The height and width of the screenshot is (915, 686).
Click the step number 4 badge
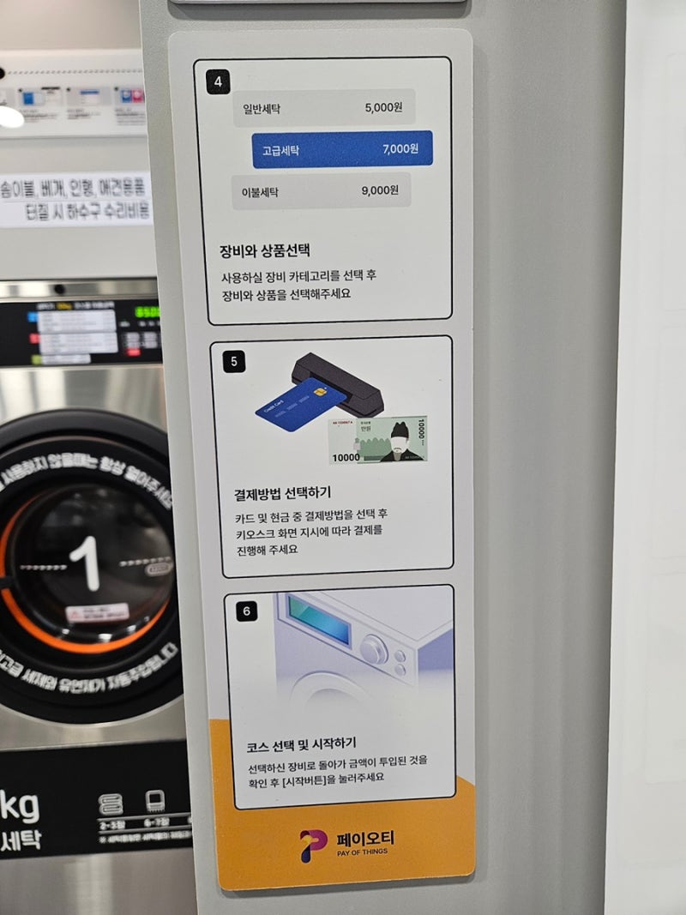tap(219, 82)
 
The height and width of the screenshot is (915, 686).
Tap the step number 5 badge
tap(234, 361)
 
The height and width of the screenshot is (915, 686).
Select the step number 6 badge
tap(246, 611)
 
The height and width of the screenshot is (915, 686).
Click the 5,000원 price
tap(384, 109)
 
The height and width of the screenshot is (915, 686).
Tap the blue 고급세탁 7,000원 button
tap(342, 148)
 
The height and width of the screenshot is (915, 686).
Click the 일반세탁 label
tap(262, 109)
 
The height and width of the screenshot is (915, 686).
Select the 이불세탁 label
tap(262, 191)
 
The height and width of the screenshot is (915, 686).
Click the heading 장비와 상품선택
tap(264, 251)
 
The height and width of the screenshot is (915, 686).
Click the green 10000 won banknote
tap(377, 441)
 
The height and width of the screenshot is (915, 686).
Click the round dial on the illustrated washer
tap(374, 649)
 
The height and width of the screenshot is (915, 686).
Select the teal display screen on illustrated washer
tap(320, 618)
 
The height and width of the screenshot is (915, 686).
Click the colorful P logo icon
tap(313, 845)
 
